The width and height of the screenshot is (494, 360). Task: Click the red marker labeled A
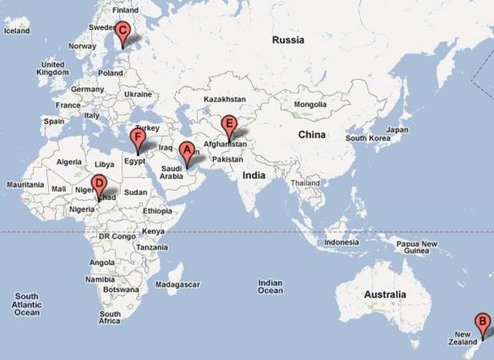pyautogui.click(x=186, y=151)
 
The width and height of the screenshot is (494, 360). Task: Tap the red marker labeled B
pyautogui.click(x=482, y=323)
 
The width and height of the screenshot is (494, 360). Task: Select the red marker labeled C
pyautogui.click(x=123, y=32)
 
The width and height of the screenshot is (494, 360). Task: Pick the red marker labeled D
pyautogui.click(x=98, y=185)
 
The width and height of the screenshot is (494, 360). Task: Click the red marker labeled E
pyautogui.click(x=228, y=124)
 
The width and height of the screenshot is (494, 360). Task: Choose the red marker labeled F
pyautogui.click(x=138, y=139)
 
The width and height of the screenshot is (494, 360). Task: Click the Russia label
pyautogui.click(x=288, y=39)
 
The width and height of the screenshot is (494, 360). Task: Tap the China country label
pyautogui.click(x=312, y=134)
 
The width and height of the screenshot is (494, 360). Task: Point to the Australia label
pyautogui.click(x=385, y=294)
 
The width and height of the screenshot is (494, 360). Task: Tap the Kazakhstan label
pyautogui.click(x=225, y=99)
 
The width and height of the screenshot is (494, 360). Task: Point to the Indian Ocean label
pyautogui.click(x=270, y=286)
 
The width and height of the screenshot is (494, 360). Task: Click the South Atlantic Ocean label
pyautogui.click(x=26, y=304)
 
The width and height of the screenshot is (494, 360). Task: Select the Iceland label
pyautogui.click(x=16, y=31)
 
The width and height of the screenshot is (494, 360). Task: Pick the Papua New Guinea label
pyautogui.click(x=417, y=247)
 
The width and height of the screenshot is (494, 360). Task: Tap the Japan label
pyautogui.click(x=397, y=130)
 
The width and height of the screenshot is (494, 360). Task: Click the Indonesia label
pyautogui.click(x=341, y=242)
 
